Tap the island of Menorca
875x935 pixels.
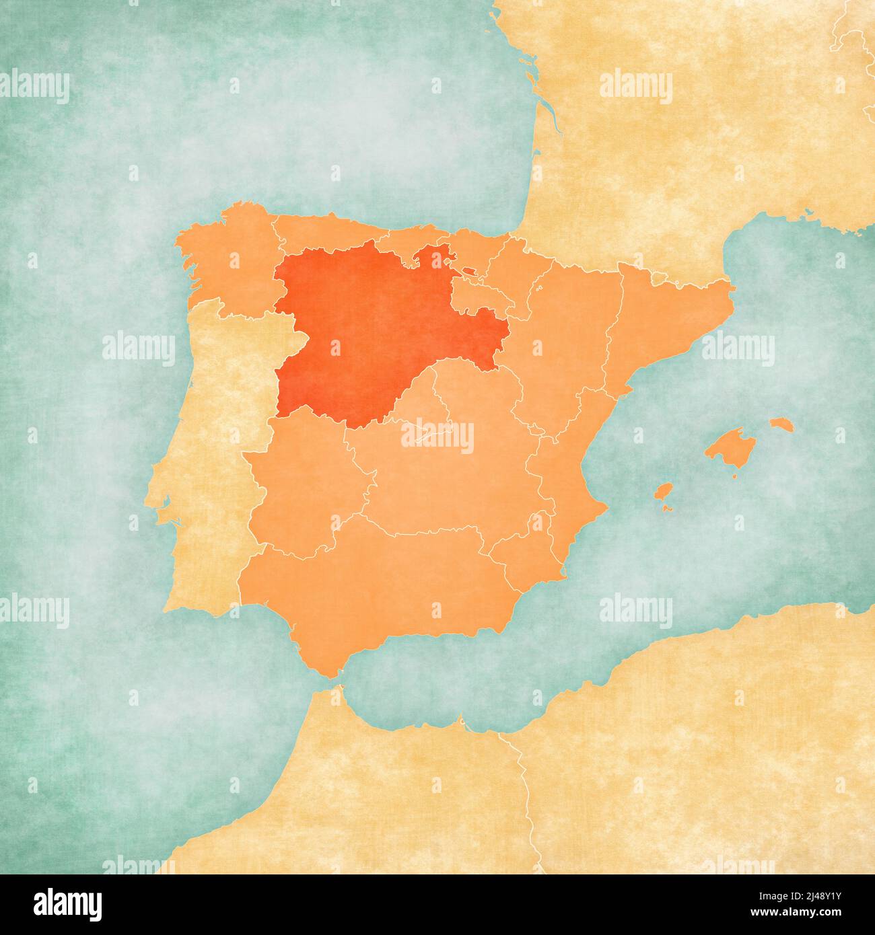[x=780, y=424]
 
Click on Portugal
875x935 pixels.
[x=209, y=471]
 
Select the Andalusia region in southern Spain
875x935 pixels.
[x=377, y=592]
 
